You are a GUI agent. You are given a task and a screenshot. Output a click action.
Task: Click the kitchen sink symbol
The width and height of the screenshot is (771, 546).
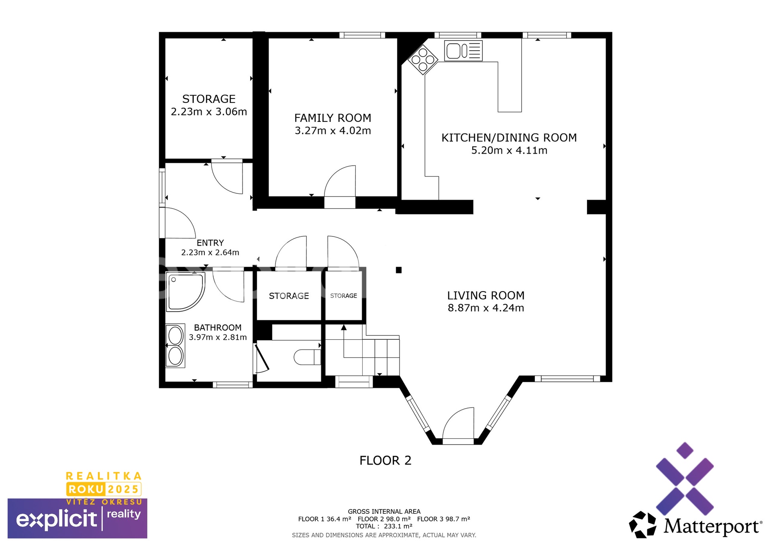(x=463, y=51)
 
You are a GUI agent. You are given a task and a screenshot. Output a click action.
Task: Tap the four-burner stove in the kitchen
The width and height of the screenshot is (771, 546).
(x=423, y=60)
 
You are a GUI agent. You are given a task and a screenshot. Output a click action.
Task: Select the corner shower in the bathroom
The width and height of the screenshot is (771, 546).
(x=186, y=292)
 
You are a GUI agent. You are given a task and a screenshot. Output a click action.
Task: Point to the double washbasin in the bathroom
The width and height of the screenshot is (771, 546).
(x=175, y=346)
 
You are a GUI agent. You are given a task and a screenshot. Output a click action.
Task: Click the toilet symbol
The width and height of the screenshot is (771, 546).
(x=308, y=357)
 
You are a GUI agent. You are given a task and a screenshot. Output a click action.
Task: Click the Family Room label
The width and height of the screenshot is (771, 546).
(x=333, y=118)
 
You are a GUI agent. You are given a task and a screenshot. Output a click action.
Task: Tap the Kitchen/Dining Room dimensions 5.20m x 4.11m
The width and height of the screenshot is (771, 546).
(x=509, y=150)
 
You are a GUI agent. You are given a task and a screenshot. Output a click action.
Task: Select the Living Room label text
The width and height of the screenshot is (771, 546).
(x=486, y=296)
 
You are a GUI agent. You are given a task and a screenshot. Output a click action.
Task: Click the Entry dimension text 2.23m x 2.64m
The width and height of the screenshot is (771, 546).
(x=210, y=252)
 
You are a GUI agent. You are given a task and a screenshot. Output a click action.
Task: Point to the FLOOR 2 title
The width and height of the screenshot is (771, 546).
(x=385, y=460)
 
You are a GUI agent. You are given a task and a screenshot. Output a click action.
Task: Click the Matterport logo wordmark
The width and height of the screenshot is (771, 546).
(x=713, y=526)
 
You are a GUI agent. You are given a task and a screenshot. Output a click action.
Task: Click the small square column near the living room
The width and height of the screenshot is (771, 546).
(x=399, y=270)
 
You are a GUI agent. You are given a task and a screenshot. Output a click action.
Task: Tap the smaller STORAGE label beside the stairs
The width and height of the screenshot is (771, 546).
(x=344, y=296)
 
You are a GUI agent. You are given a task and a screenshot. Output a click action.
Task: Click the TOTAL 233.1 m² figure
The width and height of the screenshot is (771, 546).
(x=384, y=526)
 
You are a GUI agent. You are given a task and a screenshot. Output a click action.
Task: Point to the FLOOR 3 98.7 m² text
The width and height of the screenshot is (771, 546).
(x=444, y=519)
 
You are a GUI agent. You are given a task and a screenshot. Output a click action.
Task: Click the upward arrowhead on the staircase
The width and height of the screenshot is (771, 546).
(x=344, y=327)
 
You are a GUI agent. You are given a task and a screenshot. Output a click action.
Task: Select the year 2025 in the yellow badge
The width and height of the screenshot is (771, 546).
(x=123, y=489)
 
